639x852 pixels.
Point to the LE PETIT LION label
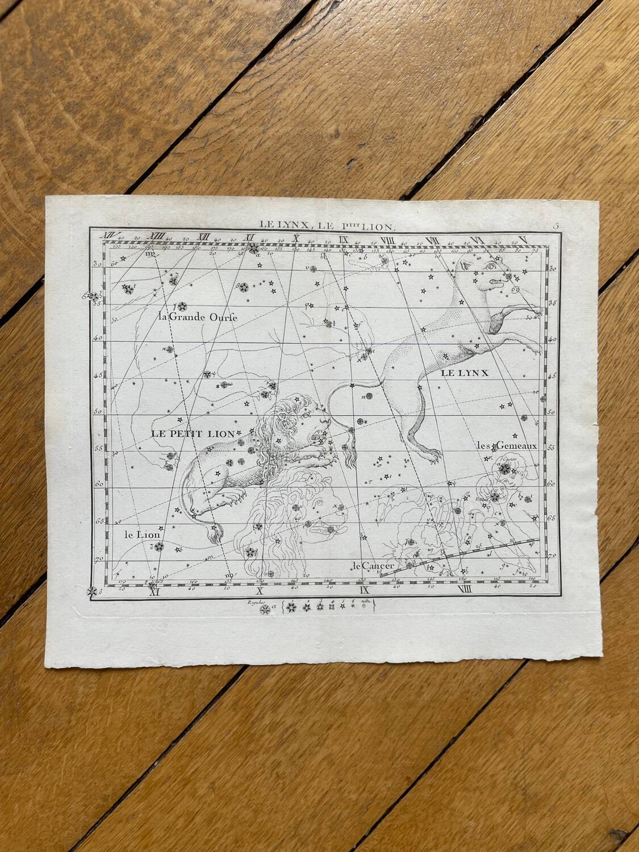[x=193, y=433]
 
